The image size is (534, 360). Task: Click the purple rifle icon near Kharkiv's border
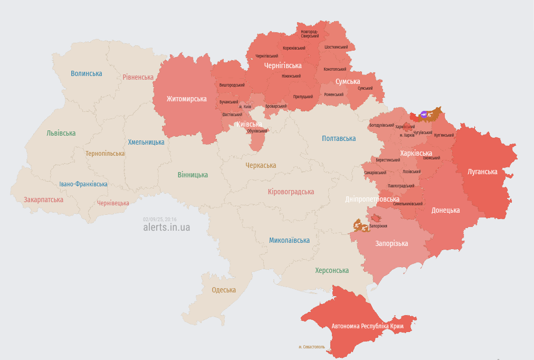click(x=424, y=113)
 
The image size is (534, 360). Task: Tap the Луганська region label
click(x=482, y=172)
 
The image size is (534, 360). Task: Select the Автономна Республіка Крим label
click(x=367, y=327)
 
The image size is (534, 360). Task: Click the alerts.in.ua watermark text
click(x=166, y=228)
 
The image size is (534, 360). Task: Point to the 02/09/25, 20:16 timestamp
click(x=159, y=219)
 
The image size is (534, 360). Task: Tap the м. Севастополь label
click(x=311, y=347)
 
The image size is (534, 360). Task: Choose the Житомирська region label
click(x=186, y=99)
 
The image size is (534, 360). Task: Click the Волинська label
click(x=86, y=73)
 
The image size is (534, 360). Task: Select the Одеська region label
click(x=224, y=290)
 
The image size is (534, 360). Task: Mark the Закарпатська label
click(x=43, y=200)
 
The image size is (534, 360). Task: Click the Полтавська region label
click(x=339, y=138)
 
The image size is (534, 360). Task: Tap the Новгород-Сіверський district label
click(x=310, y=34)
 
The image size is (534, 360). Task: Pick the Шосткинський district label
click(x=336, y=47)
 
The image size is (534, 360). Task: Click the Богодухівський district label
click(x=382, y=125)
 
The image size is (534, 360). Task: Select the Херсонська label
click(x=331, y=270)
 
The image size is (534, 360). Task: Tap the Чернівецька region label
click(x=113, y=203)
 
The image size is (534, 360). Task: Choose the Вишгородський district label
click(x=232, y=85)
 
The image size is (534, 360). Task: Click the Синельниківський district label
click(x=407, y=204)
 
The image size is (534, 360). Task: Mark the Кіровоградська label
click(x=291, y=192)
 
